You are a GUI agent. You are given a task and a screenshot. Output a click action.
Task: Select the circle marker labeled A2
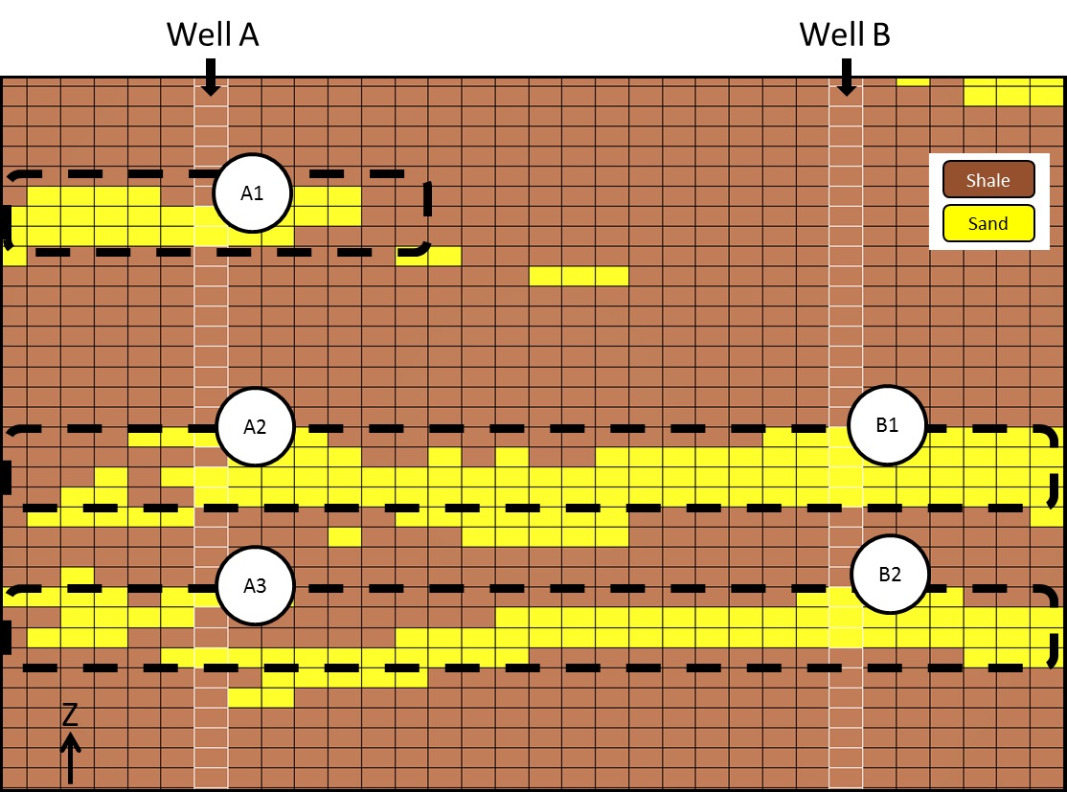255,427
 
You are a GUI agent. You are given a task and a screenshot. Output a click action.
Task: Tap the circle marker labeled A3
255,585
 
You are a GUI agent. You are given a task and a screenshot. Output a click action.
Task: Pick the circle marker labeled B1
888,426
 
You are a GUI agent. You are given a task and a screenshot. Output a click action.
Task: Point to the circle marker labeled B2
890,575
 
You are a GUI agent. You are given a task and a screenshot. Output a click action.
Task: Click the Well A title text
213,34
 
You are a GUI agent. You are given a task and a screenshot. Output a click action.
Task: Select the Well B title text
845,34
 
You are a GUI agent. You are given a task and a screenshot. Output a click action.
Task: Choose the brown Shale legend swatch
988,180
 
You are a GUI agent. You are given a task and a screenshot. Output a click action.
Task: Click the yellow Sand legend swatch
988,224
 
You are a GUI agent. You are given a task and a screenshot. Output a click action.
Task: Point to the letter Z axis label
70,714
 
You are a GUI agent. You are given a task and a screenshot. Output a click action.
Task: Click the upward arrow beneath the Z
70,757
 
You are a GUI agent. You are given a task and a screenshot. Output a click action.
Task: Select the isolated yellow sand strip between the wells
579,276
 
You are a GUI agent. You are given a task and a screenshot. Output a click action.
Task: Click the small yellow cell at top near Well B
913,81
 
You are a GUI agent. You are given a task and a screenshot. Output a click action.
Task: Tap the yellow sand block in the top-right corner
1012,92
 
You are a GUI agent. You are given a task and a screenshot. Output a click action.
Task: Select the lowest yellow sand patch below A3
261,697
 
